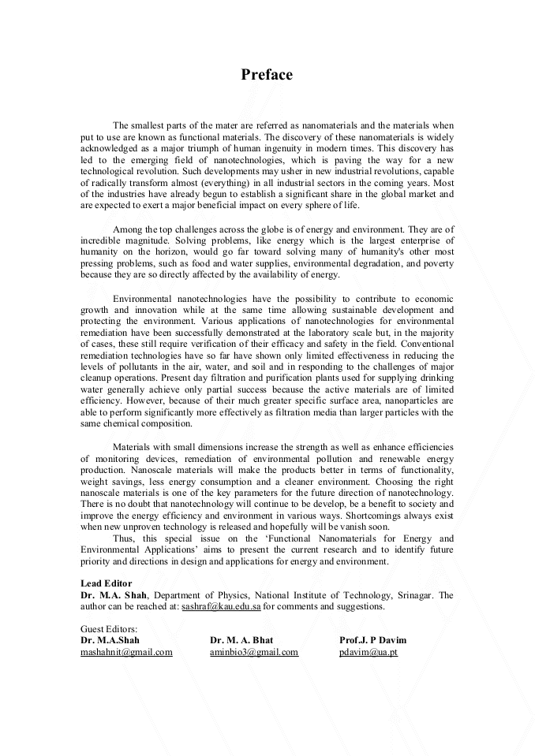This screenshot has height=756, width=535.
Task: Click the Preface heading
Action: (267, 75)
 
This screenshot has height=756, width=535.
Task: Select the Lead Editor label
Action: (106, 583)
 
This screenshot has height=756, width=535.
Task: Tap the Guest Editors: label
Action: (109, 629)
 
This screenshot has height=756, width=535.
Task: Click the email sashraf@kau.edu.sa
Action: (221, 607)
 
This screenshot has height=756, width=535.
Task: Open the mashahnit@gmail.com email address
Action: (126, 652)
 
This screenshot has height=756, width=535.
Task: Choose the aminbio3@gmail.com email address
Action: (254, 652)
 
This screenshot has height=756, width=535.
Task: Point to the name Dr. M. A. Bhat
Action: (241, 640)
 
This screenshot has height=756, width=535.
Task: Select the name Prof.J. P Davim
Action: (373, 640)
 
